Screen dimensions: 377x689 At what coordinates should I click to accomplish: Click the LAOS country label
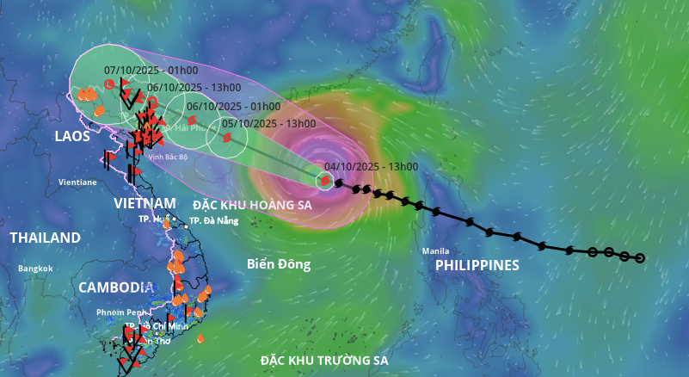(x=72, y=137)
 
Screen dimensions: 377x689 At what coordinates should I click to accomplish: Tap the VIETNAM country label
(x=145, y=203)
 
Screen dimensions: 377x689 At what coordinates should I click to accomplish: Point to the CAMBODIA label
(x=116, y=287)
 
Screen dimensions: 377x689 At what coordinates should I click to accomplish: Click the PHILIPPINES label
(x=477, y=265)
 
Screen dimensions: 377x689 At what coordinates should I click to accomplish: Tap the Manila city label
(x=435, y=251)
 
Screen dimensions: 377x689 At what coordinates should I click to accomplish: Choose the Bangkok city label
(x=35, y=269)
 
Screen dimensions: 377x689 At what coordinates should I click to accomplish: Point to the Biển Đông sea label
(x=279, y=264)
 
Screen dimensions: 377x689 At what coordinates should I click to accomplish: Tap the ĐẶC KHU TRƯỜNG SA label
(x=325, y=360)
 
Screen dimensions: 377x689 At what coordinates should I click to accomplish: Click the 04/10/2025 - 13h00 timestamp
(x=372, y=167)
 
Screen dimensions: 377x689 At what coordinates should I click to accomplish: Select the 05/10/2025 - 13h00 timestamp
(x=268, y=124)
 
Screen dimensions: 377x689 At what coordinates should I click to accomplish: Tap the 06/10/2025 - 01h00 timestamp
(x=233, y=106)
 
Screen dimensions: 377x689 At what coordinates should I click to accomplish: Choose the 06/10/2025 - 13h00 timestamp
(x=194, y=88)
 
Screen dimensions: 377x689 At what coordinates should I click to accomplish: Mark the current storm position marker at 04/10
(x=324, y=181)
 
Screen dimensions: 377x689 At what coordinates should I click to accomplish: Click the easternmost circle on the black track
(x=639, y=257)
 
